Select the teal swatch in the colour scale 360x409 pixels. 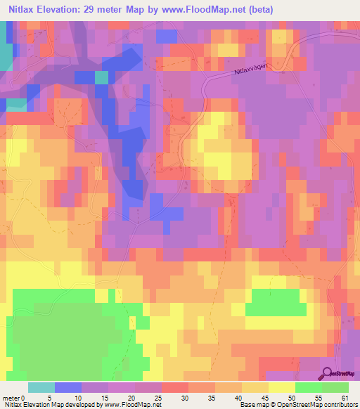point(41,388)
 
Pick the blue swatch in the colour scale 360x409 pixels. point(68,388)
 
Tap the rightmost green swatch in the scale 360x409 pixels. point(335,388)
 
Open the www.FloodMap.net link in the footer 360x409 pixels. point(133,404)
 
